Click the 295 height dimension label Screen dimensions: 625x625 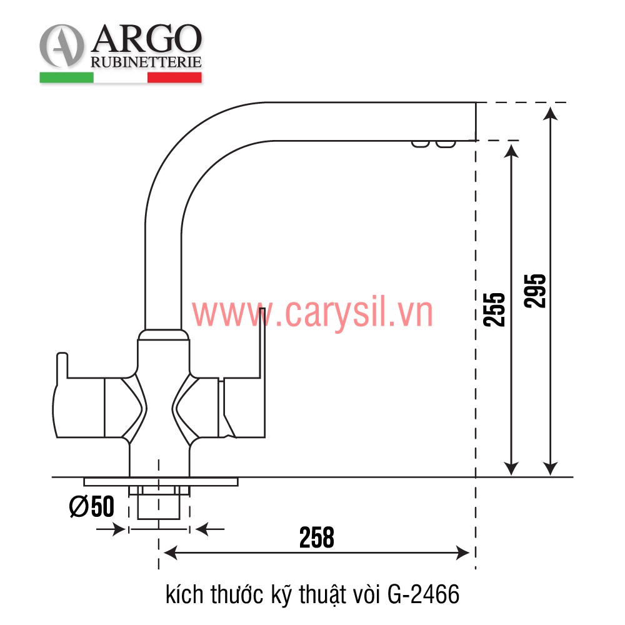pyautogui.click(x=536, y=290)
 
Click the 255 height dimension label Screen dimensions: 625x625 pyautogui.click(x=494, y=309)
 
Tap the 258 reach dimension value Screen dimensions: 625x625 pyautogui.click(x=316, y=537)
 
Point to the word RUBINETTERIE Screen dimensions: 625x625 pyautogui.click(x=146, y=62)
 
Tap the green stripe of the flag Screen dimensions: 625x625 pyautogui.click(x=66, y=77)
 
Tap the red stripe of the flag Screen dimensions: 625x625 pyautogui.click(x=174, y=77)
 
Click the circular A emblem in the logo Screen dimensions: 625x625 pyautogui.click(x=62, y=47)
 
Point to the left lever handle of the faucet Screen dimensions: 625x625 pyautogui.click(x=75, y=400)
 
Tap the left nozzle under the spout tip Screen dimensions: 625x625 pyautogui.click(x=420, y=145)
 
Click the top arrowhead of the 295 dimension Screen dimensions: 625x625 pyautogui.click(x=550, y=112)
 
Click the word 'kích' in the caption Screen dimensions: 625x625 pyautogui.click(x=181, y=593)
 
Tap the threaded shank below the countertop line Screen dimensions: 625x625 pyautogui.click(x=158, y=502)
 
